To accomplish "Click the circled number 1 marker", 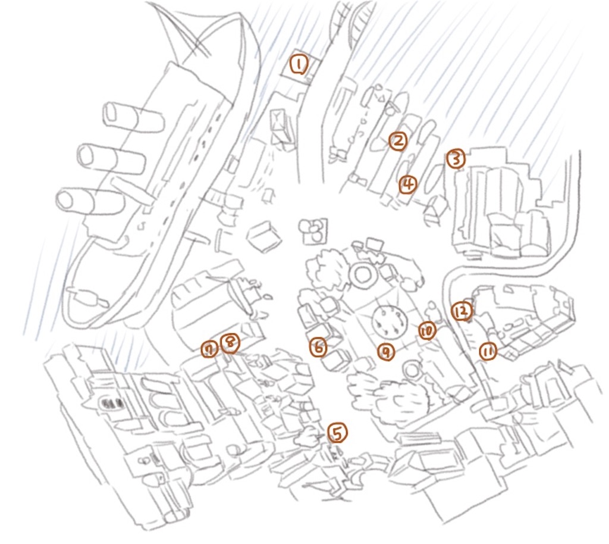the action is pyautogui.click(x=299, y=65).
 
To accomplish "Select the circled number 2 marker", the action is pyautogui.click(x=398, y=141).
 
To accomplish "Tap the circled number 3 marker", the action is pyautogui.click(x=456, y=159).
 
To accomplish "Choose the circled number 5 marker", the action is pyautogui.click(x=338, y=433).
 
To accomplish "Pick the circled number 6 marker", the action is pyautogui.click(x=319, y=347).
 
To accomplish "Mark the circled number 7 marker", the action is pyautogui.click(x=210, y=350).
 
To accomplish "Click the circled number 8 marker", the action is pyautogui.click(x=230, y=343).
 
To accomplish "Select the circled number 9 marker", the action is pyautogui.click(x=387, y=352).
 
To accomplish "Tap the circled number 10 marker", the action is pyautogui.click(x=427, y=331).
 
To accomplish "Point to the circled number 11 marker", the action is pyautogui.click(x=488, y=352).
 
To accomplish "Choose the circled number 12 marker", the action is pyautogui.click(x=462, y=311).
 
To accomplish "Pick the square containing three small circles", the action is pyautogui.click(x=314, y=230).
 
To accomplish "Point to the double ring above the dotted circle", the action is pyautogui.click(x=364, y=275).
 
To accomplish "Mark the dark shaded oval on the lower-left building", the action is pyautogui.click(x=112, y=404).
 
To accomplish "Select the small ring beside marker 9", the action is pyautogui.click(x=413, y=370).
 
